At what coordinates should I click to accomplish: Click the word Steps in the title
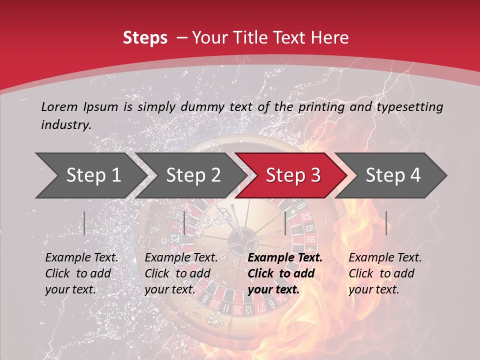tap(145, 38)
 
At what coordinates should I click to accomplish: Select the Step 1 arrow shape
tap(90, 175)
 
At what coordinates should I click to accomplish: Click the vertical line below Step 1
tap(84, 223)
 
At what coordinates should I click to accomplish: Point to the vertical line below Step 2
tap(184, 223)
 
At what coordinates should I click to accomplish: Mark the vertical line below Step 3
tap(285, 223)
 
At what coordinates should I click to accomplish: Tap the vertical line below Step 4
tap(386, 223)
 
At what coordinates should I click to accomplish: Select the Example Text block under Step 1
tap(81, 273)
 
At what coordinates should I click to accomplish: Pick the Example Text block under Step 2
tap(181, 273)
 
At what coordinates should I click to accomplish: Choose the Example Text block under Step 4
tap(385, 273)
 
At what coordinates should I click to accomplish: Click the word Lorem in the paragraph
tap(59, 106)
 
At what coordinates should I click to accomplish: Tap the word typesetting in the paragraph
tap(414, 106)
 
